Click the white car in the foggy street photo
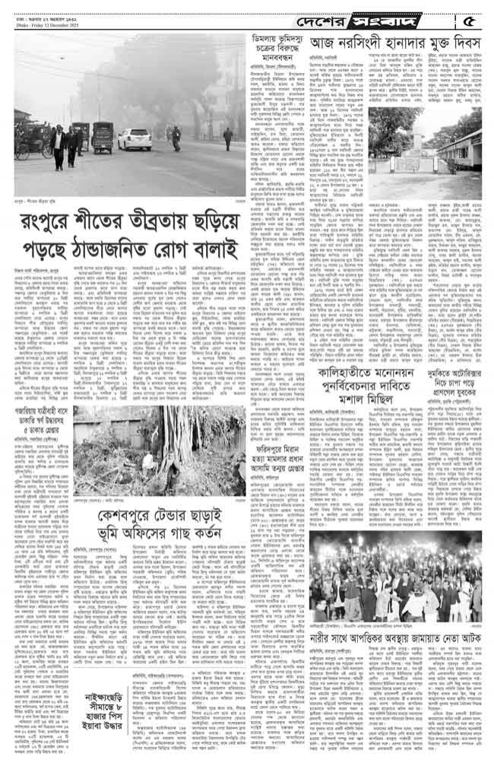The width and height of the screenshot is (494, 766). click(134, 139)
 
